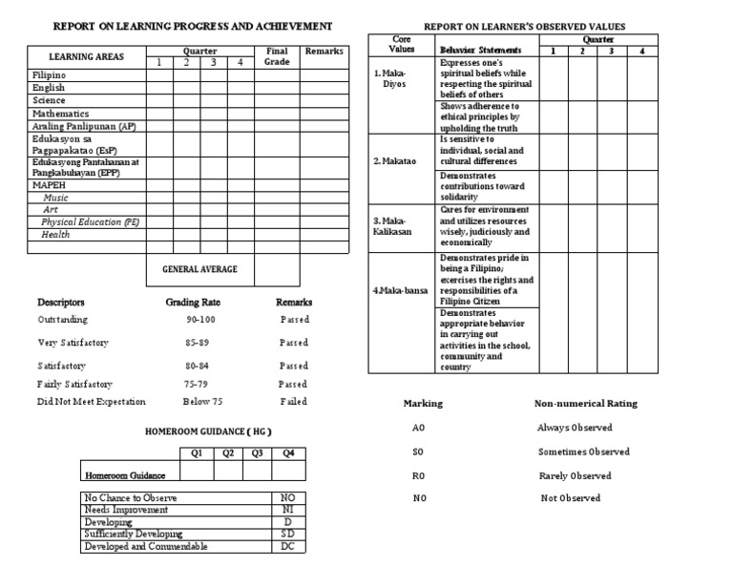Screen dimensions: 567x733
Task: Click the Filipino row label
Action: [50, 73]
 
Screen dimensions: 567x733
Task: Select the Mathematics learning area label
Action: [60, 113]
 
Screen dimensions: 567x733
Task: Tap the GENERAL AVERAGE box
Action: [199, 270]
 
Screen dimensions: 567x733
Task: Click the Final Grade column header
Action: [277, 56]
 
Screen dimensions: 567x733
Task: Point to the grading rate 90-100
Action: [201, 320]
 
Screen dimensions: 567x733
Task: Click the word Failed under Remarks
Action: [294, 402]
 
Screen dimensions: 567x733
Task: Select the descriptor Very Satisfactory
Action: [73, 343]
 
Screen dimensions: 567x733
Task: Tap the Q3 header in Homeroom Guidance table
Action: [256, 453]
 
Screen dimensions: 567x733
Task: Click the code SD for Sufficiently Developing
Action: [287, 535]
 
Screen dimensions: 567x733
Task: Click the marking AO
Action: [417, 428]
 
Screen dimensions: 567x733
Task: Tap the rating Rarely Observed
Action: [574, 475]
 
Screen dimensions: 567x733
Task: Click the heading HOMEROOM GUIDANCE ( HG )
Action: [207, 431]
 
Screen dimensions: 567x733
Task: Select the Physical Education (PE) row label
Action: [90, 221]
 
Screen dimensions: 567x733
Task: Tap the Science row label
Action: [49, 100]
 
